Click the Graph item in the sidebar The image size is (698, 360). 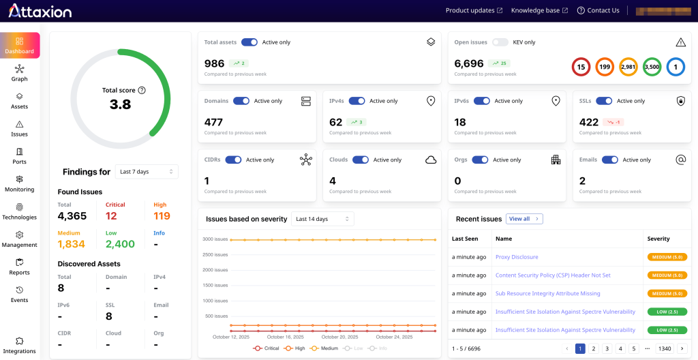pos(19,72)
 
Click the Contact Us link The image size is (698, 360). pos(598,10)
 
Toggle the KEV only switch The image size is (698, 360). pos(501,42)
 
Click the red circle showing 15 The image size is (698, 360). pos(581,67)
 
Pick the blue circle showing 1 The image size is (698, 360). pos(676,67)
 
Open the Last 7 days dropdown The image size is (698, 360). pos(147,172)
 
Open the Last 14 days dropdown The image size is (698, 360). pos(322,219)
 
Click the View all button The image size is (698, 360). pos(524,219)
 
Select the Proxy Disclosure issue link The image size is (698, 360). pos(517,257)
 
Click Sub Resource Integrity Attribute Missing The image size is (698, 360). pos(547,293)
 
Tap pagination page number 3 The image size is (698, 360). pos(607,348)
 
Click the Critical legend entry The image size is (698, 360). pos(267,348)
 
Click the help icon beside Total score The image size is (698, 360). pos(142,90)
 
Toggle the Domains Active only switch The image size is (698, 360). pos(241,101)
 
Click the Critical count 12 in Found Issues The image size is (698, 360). pos(111,216)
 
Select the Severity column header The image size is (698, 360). pos(658,239)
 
